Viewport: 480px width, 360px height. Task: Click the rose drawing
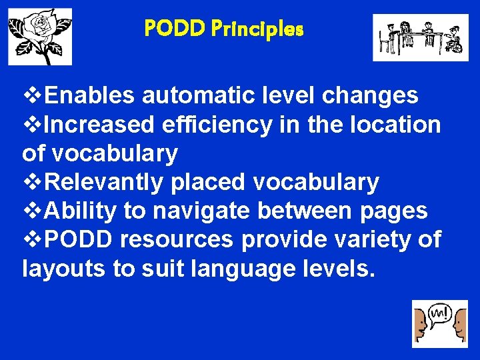(39, 37)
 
